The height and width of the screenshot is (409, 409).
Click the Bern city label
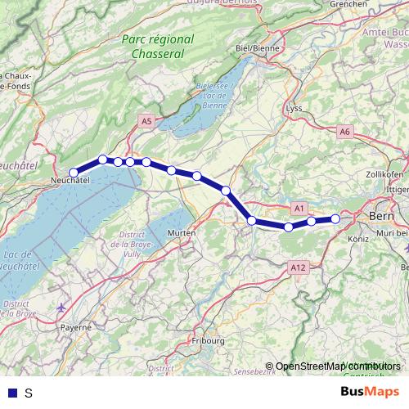(x=382, y=216)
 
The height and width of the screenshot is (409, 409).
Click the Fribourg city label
(x=207, y=339)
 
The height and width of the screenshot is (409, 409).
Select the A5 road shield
(x=146, y=121)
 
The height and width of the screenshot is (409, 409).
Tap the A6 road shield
(x=344, y=131)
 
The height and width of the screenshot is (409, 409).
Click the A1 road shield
(x=299, y=209)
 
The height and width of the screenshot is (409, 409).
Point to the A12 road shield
(x=297, y=267)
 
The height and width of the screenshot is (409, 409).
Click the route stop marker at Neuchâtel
(x=74, y=173)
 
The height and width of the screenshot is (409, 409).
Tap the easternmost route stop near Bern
(x=335, y=218)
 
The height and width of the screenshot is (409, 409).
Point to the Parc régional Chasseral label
(x=157, y=47)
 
